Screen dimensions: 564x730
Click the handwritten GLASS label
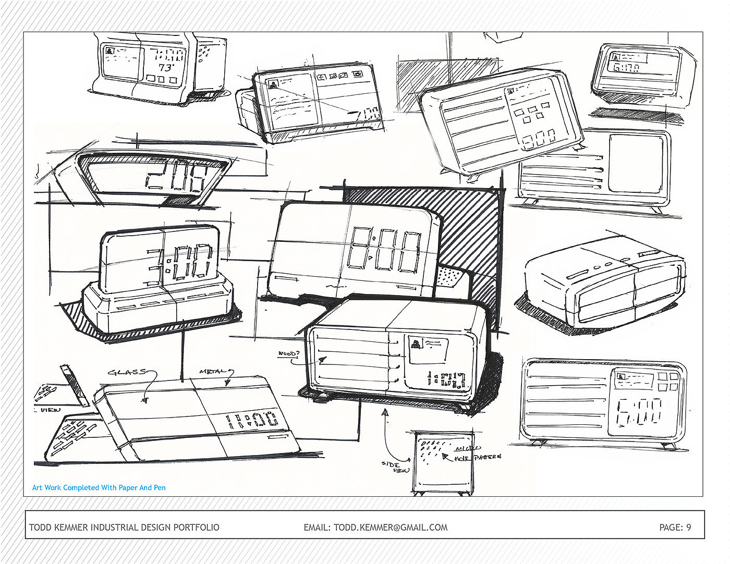coord(127,372)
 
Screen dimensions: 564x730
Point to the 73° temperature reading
coord(166,68)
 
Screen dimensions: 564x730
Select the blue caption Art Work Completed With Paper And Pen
coord(99,488)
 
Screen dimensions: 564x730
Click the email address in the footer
coord(375,527)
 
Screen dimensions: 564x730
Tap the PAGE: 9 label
coord(675,527)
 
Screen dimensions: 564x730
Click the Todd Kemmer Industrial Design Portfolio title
coord(124,527)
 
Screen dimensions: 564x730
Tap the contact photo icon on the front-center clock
coord(416,344)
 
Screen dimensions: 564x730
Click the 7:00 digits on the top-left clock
coord(168,55)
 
